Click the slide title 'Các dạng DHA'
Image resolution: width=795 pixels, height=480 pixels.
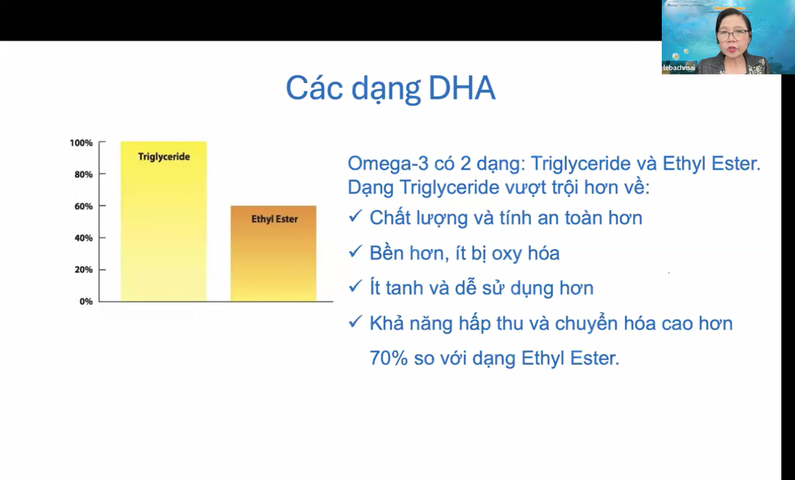click(x=390, y=89)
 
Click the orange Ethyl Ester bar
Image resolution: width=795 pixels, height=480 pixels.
click(x=273, y=261)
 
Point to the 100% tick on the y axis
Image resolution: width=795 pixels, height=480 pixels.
click(x=81, y=143)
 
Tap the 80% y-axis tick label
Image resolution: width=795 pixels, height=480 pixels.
click(x=83, y=174)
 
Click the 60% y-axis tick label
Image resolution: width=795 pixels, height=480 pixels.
click(x=83, y=206)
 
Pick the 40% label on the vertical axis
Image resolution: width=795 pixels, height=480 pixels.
click(x=83, y=238)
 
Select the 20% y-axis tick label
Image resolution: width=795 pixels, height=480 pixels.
click(x=83, y=269)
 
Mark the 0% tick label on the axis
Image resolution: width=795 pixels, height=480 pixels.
click(x=85, y=301)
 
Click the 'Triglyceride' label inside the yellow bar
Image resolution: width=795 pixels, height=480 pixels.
click(x=164, y=156)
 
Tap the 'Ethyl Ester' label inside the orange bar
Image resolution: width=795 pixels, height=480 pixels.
click(x=274, y=219)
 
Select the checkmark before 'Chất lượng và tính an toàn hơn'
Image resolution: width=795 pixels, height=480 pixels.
click(x=355, y=216)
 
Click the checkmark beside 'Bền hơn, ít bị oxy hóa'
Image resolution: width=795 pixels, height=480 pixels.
click(x=355, y=251)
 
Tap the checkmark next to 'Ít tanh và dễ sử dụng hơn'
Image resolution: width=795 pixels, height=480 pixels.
click(x=355, y=286)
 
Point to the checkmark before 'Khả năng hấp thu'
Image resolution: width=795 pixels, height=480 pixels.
click(x=355, y=322)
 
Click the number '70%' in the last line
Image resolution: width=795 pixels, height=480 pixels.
click(x=386, y=358)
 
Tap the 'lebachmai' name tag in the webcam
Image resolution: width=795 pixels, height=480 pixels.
click(x=679, y=68)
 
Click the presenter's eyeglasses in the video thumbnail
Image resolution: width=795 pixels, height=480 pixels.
click(x=733, y=35)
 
